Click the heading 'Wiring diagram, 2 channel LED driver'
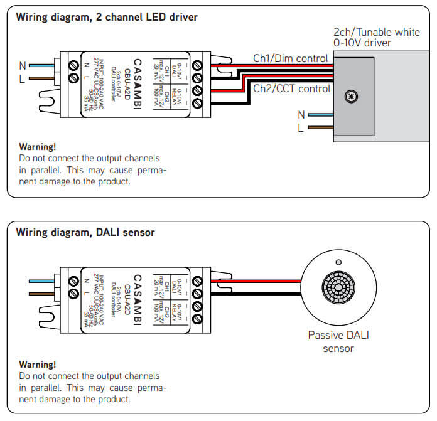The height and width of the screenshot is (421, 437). pyautogui.click(x=107, y=18)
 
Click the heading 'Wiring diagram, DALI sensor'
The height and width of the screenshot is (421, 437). pyautogui.click(x=85, y=233)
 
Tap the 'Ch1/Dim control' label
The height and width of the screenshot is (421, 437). pyautogui.click(x=290, y=58)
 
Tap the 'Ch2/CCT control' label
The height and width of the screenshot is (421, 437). pyautogui.click(x=291, y=88)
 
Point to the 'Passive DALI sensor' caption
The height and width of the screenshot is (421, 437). pyautogui.click(x=338, y=341)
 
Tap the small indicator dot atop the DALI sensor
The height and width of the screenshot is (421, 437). pyautogui.click(x=338, y=262)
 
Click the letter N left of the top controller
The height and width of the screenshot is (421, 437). pyautogui.click(x=23, y=65)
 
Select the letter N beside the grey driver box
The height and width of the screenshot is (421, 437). pyautogui.click(x=301, y=115)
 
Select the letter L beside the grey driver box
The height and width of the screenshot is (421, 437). pyautogui.click(x=301, y=128)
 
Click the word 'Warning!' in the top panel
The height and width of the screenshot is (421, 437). pyautogui.click(x=38, y=147)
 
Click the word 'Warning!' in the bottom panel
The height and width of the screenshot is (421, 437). pyautogui.click(x=38, y=364)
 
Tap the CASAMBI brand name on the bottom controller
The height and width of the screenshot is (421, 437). pyautogui.click(x=138, y=299)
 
